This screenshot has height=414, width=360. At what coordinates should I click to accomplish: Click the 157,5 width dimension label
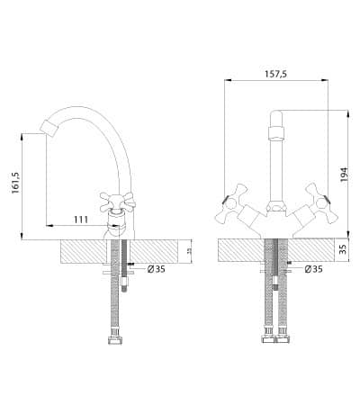click(275, 74)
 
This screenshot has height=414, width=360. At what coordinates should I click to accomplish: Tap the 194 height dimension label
click(344, 175)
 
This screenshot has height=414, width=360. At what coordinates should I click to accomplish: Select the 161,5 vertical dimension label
click(15, 183)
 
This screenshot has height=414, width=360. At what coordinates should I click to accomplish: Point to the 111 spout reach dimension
click(81, 220)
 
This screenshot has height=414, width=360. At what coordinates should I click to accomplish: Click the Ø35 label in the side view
click(157, 269)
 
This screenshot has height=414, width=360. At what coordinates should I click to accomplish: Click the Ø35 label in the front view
click(313, 269)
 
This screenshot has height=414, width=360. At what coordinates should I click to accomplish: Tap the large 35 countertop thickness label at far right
click(344, 249)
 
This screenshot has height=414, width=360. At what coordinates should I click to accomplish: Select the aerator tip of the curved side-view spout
click(49, 129)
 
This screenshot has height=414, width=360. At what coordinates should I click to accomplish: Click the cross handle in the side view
click(117, 202)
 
